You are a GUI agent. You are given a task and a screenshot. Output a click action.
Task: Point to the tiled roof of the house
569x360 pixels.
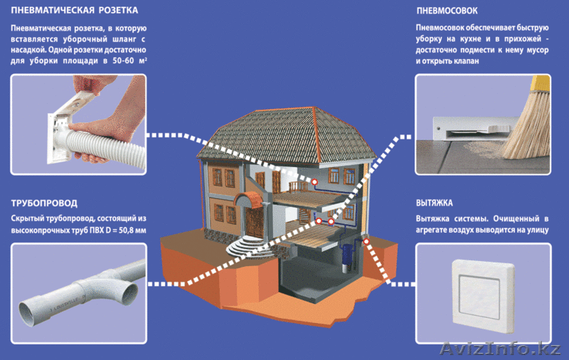click(x=284, y=132)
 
